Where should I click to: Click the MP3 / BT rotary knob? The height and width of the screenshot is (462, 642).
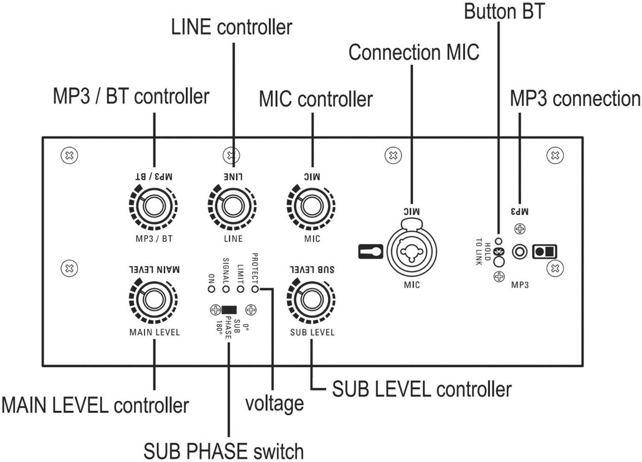pyautogui.click(x=153, y=207)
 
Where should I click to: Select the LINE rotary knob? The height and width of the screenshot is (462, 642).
pyautogui.click(x=232, y=207)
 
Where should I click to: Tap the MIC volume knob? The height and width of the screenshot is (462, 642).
pyautogui.click(x=312, y=207)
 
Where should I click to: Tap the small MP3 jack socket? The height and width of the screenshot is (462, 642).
pyautogui.click(x=519, y=251)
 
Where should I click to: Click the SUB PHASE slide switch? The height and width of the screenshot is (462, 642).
pyautogui.click(x=229, y=310)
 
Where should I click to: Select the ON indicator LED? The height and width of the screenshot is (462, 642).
pyautogui.click(x=211, y=289)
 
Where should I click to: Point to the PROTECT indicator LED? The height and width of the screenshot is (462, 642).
pyautogui.click(x=255, y=289)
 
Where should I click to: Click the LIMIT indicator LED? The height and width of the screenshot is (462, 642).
pyautogui.click(x=240, y=289)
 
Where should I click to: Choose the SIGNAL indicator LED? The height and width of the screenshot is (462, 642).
pyautogui.click(x=226, y=289)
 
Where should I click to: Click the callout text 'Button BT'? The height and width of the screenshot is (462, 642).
pyautogui.click(x=504, y=12)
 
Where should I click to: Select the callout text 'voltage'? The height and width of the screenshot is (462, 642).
pyautogui.click(x=274, y=404)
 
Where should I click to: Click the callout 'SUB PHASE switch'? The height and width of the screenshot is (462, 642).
pyautogui.click(x=223, y=451)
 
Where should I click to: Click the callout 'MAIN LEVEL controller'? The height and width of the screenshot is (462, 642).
pyautogui.click(x=95, y=405)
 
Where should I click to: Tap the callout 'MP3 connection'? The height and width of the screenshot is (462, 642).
pyautogui.click(x=575, y=99)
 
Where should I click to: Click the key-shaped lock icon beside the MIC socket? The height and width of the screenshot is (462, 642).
pyautogui.click(x=370, y=252)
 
